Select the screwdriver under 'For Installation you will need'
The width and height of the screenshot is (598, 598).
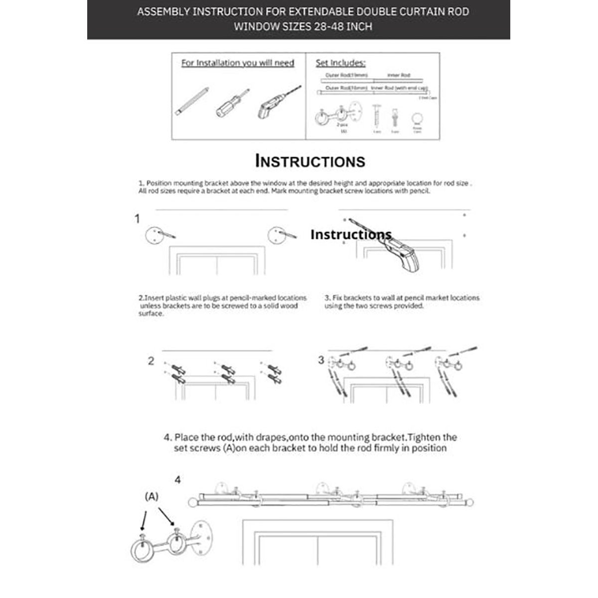click(231, 103)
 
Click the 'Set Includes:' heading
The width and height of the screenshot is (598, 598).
click(340, 63)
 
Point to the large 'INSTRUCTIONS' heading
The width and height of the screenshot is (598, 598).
click(310, 161)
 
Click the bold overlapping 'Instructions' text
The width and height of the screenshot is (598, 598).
click(351, 234)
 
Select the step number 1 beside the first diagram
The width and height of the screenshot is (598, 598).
click(138, 219)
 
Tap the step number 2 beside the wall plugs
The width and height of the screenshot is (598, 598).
click(151, 361)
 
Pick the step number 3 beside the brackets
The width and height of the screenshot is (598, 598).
click(321, 360)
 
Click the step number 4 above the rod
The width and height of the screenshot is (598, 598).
click(178, 480)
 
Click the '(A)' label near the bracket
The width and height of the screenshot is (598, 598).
click(151, 497)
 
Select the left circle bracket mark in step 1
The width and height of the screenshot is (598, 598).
click(154, 234)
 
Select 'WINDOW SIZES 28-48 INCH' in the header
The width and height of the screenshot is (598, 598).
click(303, 26)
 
